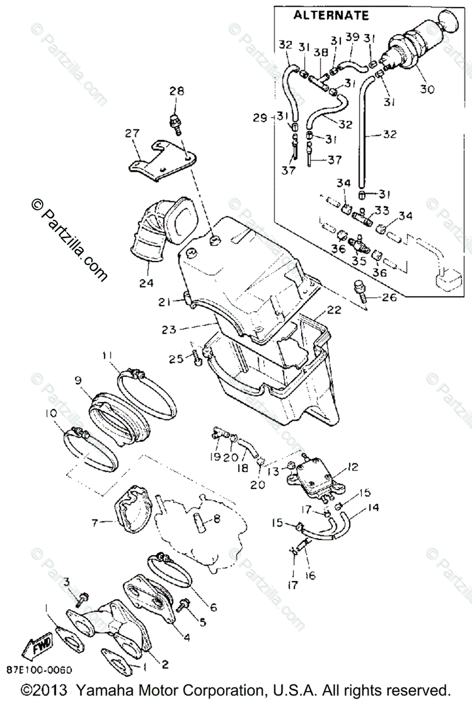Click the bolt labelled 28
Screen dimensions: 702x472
174,122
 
